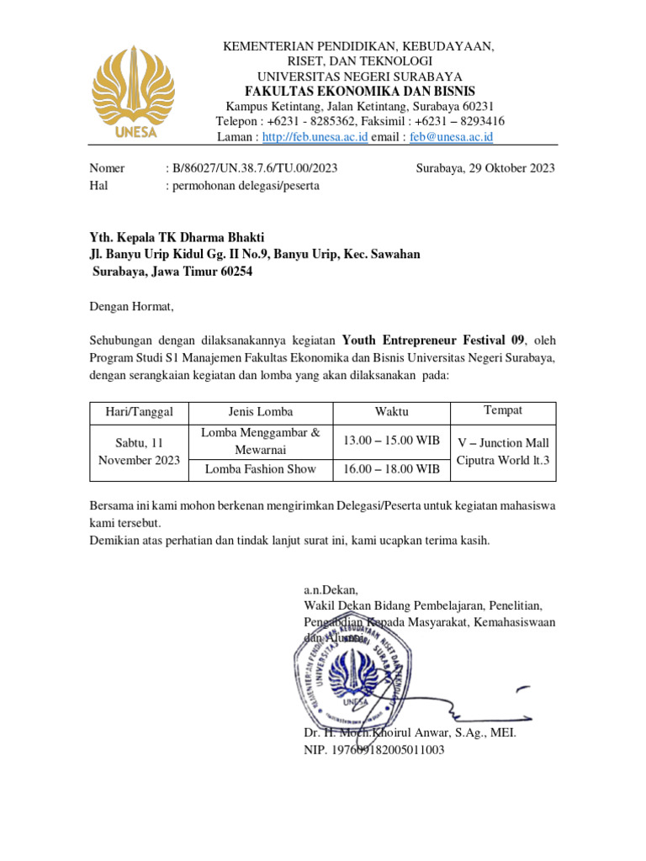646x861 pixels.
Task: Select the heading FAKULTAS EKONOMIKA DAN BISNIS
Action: point(359,91)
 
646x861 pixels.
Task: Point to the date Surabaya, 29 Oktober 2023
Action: point(485,168)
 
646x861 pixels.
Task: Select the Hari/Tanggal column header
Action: point(140,412)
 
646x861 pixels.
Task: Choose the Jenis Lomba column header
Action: point(261,412)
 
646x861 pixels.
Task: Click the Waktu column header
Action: point(392,412)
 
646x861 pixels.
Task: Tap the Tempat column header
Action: point(503,410)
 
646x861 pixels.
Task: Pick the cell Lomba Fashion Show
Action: point(261,469)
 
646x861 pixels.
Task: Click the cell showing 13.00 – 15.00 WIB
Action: point(392,441)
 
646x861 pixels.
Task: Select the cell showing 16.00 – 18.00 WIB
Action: point(392,469)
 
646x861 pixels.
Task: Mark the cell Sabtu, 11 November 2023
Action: point(140,452)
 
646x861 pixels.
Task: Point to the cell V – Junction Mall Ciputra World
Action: point(503,452)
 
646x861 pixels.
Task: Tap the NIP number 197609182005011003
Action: point(374,750)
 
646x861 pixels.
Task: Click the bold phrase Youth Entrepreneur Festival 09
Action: point(434,341)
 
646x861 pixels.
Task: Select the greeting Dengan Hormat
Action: point(131,307)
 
